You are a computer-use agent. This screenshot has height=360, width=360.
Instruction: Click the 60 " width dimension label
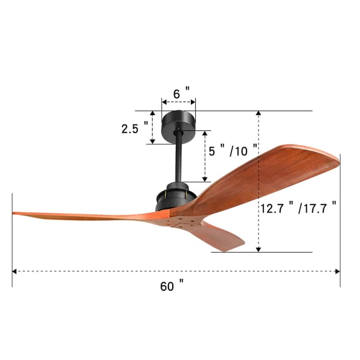click(171, 286)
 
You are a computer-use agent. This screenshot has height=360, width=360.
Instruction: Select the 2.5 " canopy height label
click(134, 129)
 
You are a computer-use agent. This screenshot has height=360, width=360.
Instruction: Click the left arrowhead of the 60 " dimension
click(14, 271)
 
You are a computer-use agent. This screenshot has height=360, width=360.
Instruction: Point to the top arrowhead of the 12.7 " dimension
click(258, 113)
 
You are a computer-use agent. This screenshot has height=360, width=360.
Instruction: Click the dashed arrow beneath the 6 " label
click(178, 102)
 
